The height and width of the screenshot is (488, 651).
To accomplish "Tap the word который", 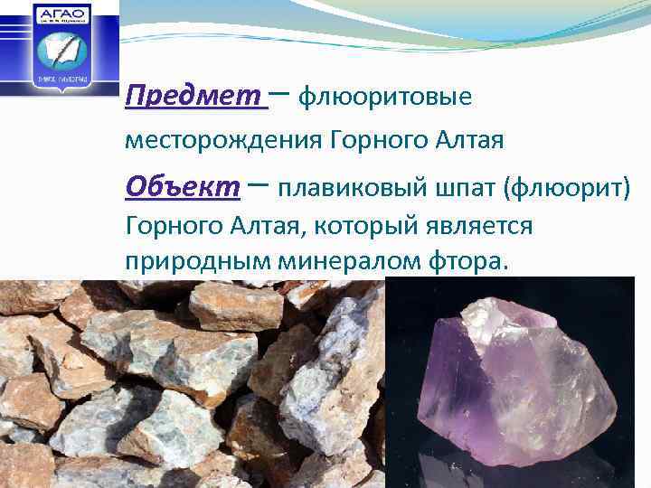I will click(343, 226).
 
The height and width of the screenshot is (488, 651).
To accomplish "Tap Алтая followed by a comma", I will click(261, 226).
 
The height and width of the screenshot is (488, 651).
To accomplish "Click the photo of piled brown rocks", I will click(190, 384).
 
